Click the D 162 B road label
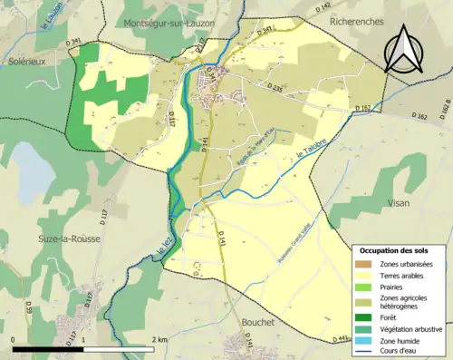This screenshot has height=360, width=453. click(444, 109)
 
